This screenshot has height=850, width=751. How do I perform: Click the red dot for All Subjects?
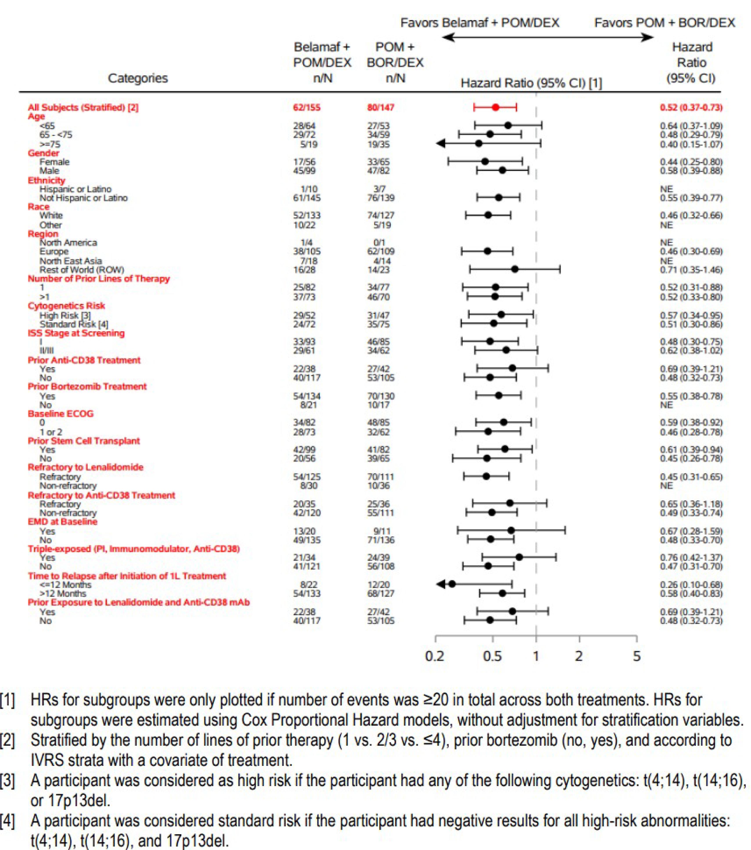pos(495,107)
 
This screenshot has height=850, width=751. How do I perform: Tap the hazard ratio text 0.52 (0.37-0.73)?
pos(691,107)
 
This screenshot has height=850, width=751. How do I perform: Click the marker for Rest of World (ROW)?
pos(515,269)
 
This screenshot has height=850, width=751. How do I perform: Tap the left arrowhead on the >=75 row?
pos(440,143)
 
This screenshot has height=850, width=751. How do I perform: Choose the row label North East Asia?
pos(71,261)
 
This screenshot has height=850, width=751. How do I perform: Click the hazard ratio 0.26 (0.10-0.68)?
pos(691,585)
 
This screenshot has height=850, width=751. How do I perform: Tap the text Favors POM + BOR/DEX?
pos(664,23)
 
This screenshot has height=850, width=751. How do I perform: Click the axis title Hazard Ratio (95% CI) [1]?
pos(531,83)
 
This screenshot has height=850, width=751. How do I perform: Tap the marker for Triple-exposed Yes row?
pos(519,557)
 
